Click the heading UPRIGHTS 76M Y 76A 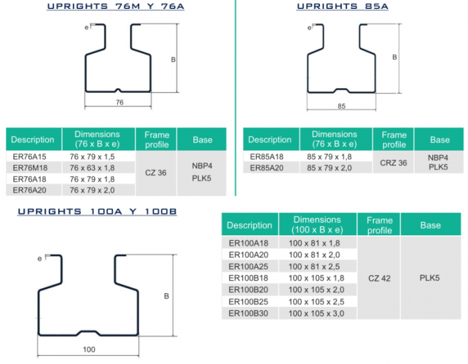click(116, 6)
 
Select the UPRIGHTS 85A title click(342, 6)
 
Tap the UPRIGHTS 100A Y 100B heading click(97, 211)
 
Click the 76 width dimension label click(119, 103)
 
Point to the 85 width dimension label click(341, 106)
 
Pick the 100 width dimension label click(89, 350)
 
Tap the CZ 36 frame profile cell click(156, 173)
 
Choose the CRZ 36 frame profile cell click(394, 163)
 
